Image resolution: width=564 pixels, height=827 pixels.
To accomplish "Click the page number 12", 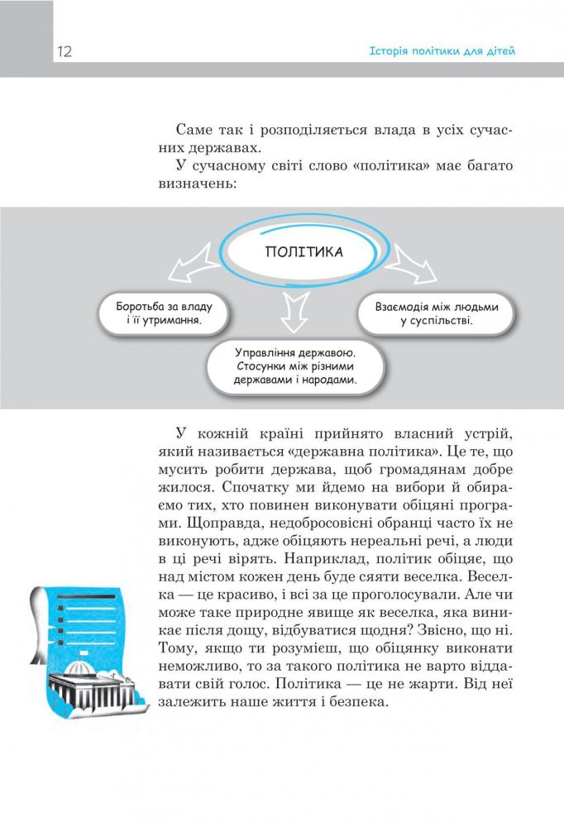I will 65,52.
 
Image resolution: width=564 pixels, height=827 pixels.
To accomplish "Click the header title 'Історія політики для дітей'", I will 442,51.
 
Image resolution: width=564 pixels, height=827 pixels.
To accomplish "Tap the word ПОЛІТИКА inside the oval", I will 304,251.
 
